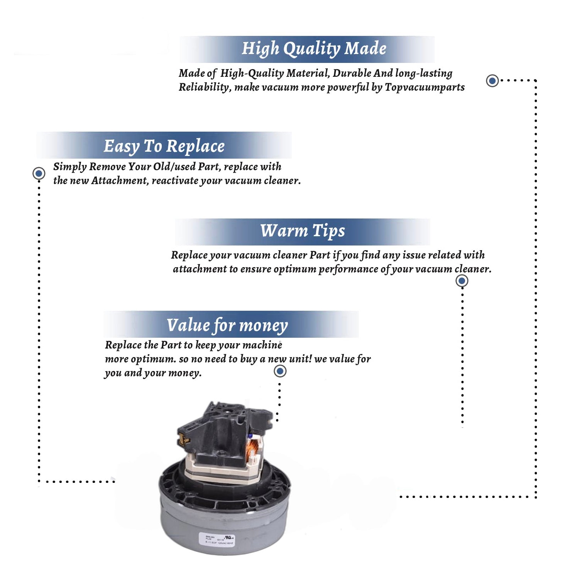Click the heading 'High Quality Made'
point(314,49)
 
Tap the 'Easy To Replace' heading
point(164,146)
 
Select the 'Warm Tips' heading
point(303,231)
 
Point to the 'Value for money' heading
point(227,325)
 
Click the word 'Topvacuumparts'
point(425,87)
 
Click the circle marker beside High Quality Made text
point(492,81)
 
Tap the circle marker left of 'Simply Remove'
point(39,173)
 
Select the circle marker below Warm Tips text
point(462,281)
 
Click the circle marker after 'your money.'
point(280,371)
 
